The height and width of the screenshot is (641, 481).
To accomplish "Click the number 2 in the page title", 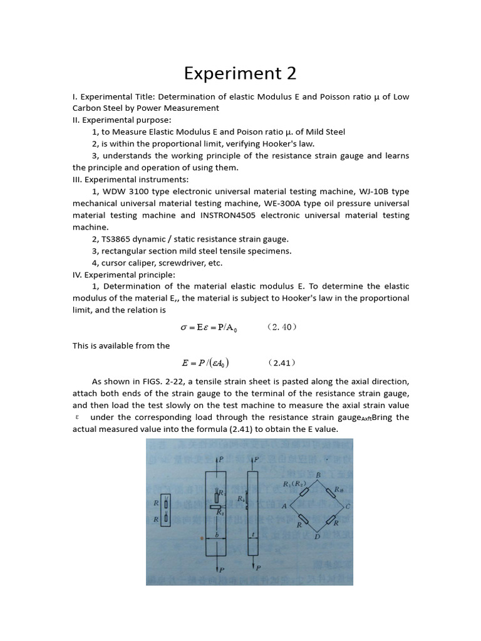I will [x=290, y=74].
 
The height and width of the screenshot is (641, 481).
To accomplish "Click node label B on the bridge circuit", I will [x=318, y=476].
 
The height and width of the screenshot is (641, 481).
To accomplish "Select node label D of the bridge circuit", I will [x=318, y=536].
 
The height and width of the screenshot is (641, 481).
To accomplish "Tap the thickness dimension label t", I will [x=254, y=535].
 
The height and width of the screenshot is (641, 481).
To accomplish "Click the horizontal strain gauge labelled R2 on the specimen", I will [x=217, y=506].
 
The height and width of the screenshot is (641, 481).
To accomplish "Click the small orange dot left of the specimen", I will [x=201, y=538].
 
